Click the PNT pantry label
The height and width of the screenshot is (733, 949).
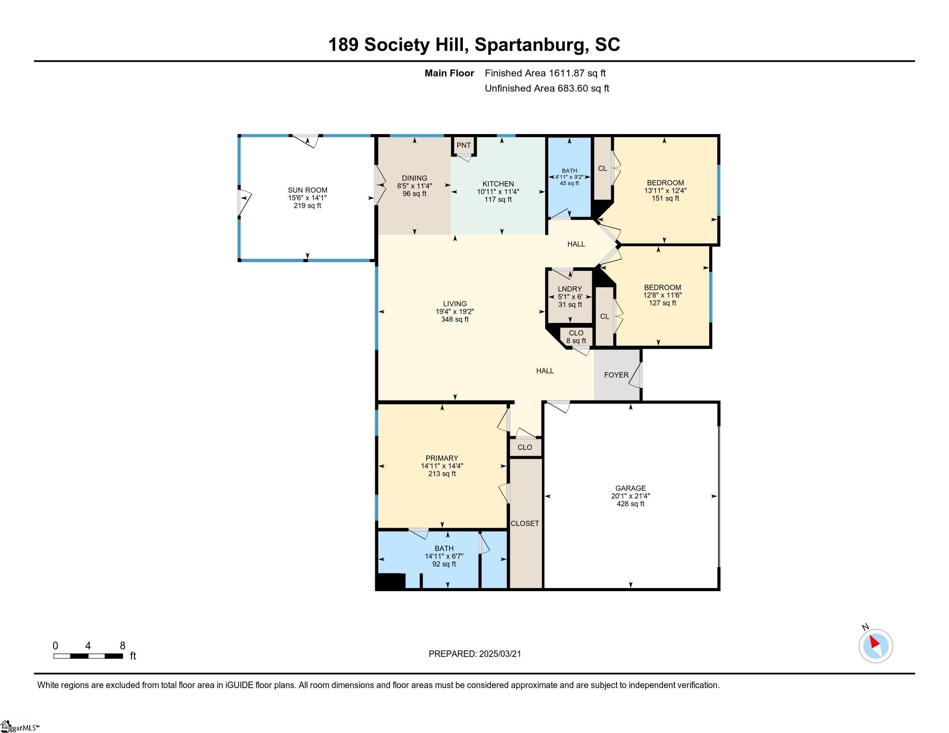pyautogui.click(x=464, y=145)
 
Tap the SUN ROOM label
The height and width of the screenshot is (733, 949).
pyautogui.click(x=307, y=190)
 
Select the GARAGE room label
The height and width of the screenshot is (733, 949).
pyautogui.click(x=631, y=488)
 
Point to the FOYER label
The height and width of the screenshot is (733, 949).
pyautogui.click(x=616, y=375)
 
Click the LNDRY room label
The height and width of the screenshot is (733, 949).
pyautogui.click(x=570, y=289)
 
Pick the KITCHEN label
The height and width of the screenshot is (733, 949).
pyautogui.click(x=498, y=184)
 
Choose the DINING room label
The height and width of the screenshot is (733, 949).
pyautogui.click(x=415, y=178)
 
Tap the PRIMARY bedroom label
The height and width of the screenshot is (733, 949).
pyautogui.click(x=442, y=458)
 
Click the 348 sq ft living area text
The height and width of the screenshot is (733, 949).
pyautogui.click(x=455, y=320)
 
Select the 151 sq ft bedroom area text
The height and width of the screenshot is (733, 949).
pyautogui.click(x=665, y=198)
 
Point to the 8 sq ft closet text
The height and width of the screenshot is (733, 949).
pyautogui.click(x=576, y=341)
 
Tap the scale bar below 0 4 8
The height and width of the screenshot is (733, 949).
pyautogui.click(x=88, y=656)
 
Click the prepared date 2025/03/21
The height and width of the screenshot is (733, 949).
pyautogui.click(x=500, y=654)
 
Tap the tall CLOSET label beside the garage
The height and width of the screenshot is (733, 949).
pyautogui.click(x=525, y=524)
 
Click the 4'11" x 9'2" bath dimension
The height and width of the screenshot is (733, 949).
pyautogui.click(x=569, y=177)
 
